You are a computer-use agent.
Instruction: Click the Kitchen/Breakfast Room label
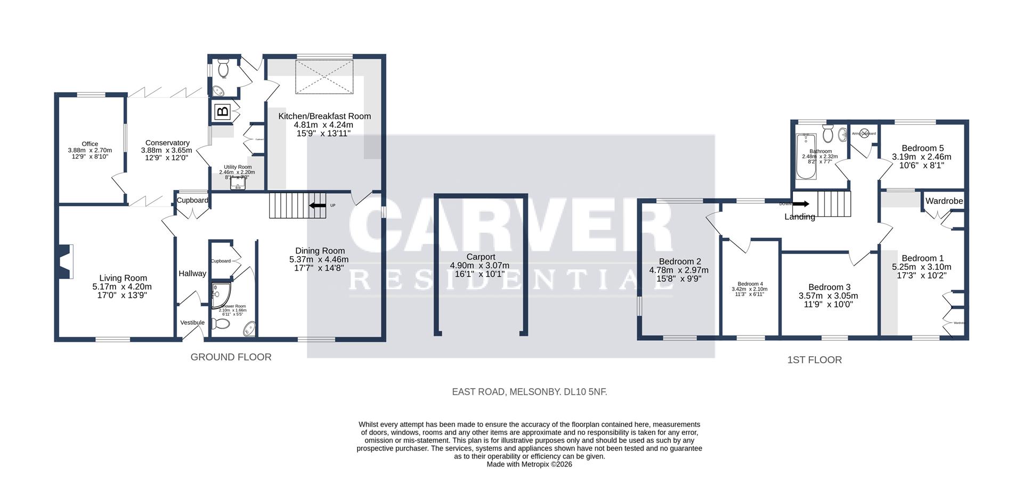tap(324, 116)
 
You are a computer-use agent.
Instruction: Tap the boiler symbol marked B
tap(223, 112)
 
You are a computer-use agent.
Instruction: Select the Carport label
tap(481, 257)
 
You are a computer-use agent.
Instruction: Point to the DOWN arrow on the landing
tap(800, 203)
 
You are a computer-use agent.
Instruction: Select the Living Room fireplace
tap(65, 261)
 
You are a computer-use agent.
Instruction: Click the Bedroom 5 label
tap(922, 148)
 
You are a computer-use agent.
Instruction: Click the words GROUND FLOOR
tap(231, 357)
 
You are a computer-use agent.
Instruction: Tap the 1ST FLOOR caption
tap(814, 360)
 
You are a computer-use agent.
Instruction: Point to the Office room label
tap(90, 144)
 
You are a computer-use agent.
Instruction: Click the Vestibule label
tap(192, 323)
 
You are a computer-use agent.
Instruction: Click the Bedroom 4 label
tap(750, 284)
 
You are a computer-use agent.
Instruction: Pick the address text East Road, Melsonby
tap(529, 392)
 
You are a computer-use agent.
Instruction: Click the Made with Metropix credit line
tap(529, 464)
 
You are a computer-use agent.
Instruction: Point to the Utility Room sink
tap(238, 184)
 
